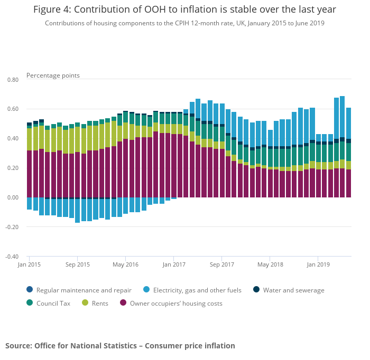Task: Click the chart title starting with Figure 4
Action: pos(184,10)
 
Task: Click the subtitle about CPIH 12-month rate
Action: pos(184,23)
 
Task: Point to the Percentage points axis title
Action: pos(53,75)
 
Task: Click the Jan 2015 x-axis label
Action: pos(29,264)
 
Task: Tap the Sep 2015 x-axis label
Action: pos(77,264)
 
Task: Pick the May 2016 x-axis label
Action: pos(125,264)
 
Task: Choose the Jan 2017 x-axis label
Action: pos(173,264)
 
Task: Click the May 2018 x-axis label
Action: pos(269,264)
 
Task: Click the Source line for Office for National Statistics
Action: pos(120,346)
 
